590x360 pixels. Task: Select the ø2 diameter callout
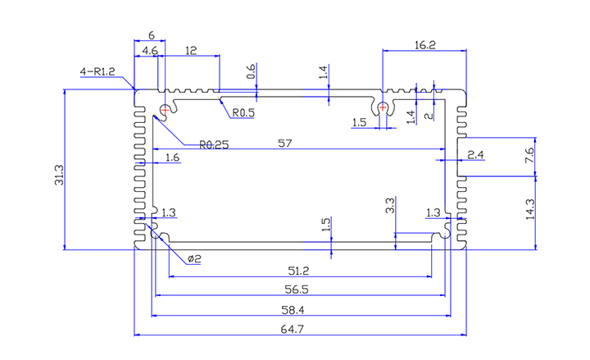[x=194, y=259]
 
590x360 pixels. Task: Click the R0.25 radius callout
[x=214, y=144]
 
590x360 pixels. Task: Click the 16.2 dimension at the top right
[x=425, y=46]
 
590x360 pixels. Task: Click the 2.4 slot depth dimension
[x=475, y=154]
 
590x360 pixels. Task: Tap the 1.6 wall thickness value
[x=172, y=157]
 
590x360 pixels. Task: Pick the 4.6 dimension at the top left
[x=151, y=51]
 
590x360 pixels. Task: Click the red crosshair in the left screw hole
[x=166, y=109]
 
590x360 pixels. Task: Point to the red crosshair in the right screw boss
[x=383, y=106]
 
